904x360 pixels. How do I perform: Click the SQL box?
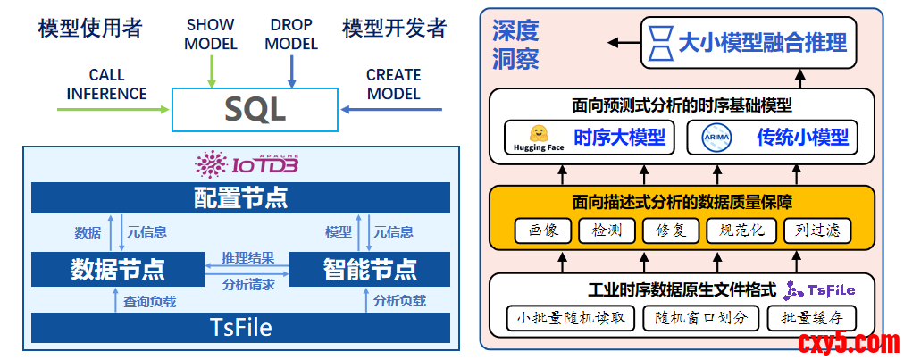point(255,110)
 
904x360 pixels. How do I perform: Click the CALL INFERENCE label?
point(106,84)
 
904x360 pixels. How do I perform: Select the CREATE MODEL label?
point(393,84)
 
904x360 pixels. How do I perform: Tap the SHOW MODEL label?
point(211,35)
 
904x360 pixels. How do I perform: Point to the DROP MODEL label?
point(291,35)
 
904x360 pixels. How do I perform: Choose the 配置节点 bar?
point(240,197)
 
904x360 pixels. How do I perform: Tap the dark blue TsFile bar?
point(240,328)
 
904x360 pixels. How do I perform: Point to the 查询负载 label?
point(150,301)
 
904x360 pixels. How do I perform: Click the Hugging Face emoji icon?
point(539,134)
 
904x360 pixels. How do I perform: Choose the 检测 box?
point(607,230)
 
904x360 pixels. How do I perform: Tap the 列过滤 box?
point(817,230)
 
